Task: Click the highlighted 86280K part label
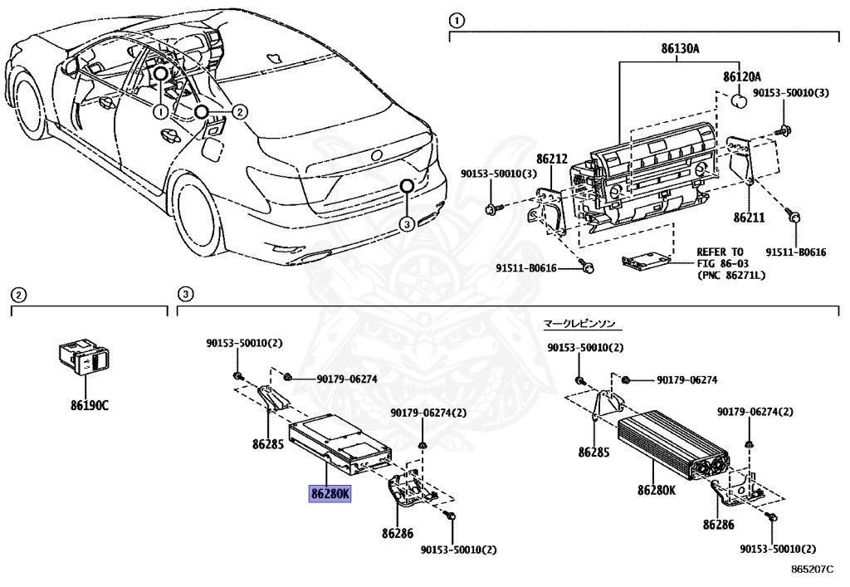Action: pos(331,494)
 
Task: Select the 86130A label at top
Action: pos(681,49)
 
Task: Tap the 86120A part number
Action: pos(741,76)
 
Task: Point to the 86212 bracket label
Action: pos(551,158)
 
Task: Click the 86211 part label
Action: pos(748,218)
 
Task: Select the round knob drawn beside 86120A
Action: pos(736,100)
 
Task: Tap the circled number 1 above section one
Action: pos(455,20)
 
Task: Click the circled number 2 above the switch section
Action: pos(18,294)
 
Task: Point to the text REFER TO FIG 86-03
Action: pos(720,257)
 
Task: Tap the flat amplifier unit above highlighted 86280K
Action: pos(336,441)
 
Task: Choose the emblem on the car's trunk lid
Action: pos(377,155)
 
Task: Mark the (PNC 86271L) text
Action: pos(730,275)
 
